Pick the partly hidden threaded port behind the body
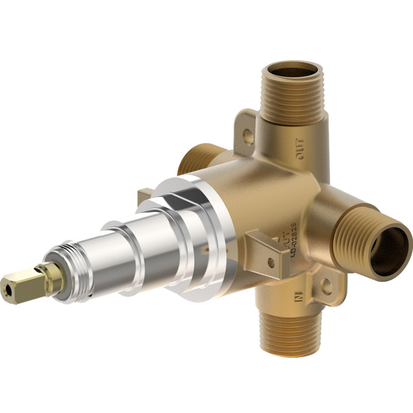click(193, 159)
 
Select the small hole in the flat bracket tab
click(271, 263)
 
